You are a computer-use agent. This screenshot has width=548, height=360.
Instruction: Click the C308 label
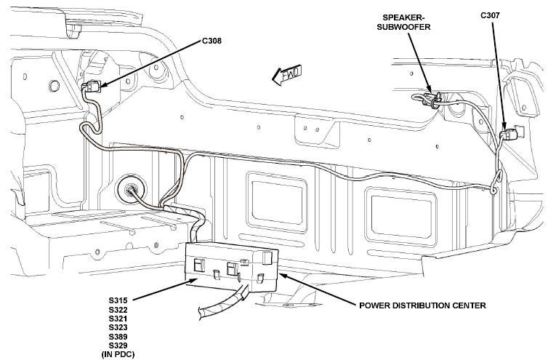211,41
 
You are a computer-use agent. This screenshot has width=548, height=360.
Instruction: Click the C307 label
490,15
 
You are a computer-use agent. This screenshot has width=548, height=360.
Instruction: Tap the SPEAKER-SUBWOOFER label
403,22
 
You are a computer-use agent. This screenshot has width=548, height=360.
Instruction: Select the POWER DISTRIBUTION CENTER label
422,305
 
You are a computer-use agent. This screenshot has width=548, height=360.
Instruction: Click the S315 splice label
118,300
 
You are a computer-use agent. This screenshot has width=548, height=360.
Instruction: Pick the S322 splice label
118,310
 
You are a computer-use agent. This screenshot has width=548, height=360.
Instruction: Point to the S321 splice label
118,319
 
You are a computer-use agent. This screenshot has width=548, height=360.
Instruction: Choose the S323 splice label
118,327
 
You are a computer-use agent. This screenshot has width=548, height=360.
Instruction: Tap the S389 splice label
118,337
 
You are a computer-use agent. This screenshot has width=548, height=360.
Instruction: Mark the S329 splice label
118,345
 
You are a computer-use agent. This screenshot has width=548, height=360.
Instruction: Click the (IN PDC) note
118,354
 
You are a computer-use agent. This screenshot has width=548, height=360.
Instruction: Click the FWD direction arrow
286,75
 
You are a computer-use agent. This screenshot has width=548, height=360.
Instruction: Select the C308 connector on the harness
92,86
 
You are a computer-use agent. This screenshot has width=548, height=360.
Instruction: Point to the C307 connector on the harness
511,134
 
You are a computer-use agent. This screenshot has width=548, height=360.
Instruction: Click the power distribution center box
231,267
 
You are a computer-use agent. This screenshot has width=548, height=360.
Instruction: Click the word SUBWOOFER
403,27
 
